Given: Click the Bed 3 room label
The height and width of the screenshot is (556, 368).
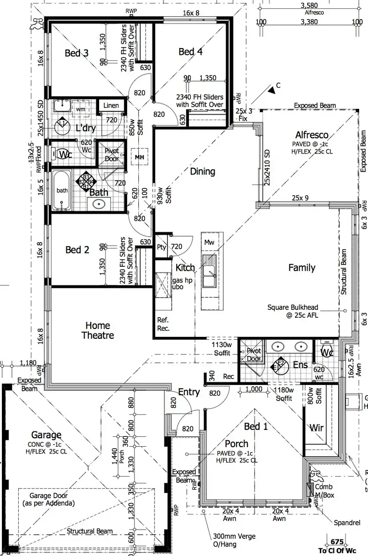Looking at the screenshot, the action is coord(77,52).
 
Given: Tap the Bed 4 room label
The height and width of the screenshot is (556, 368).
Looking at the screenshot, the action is coord(190,51).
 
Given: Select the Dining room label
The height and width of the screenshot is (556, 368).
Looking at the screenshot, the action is coord(203,172).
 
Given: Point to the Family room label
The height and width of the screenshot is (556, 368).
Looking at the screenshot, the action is coord(302,268).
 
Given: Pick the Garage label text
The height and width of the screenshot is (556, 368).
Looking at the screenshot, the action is coord(47,435).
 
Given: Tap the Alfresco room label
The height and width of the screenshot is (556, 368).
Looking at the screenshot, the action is coord(312,135).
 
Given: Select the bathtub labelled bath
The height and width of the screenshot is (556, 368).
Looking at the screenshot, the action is coord(62,191).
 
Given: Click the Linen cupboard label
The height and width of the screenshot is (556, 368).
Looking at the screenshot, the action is coord(111,106).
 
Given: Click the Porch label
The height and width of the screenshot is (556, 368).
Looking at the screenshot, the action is coord(237,444).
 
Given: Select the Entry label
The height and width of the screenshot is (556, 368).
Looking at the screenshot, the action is coord(189,392).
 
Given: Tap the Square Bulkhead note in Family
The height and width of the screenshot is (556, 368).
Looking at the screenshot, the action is coord(292,312).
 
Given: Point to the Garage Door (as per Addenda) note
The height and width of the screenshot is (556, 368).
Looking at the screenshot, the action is coord(48,500).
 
